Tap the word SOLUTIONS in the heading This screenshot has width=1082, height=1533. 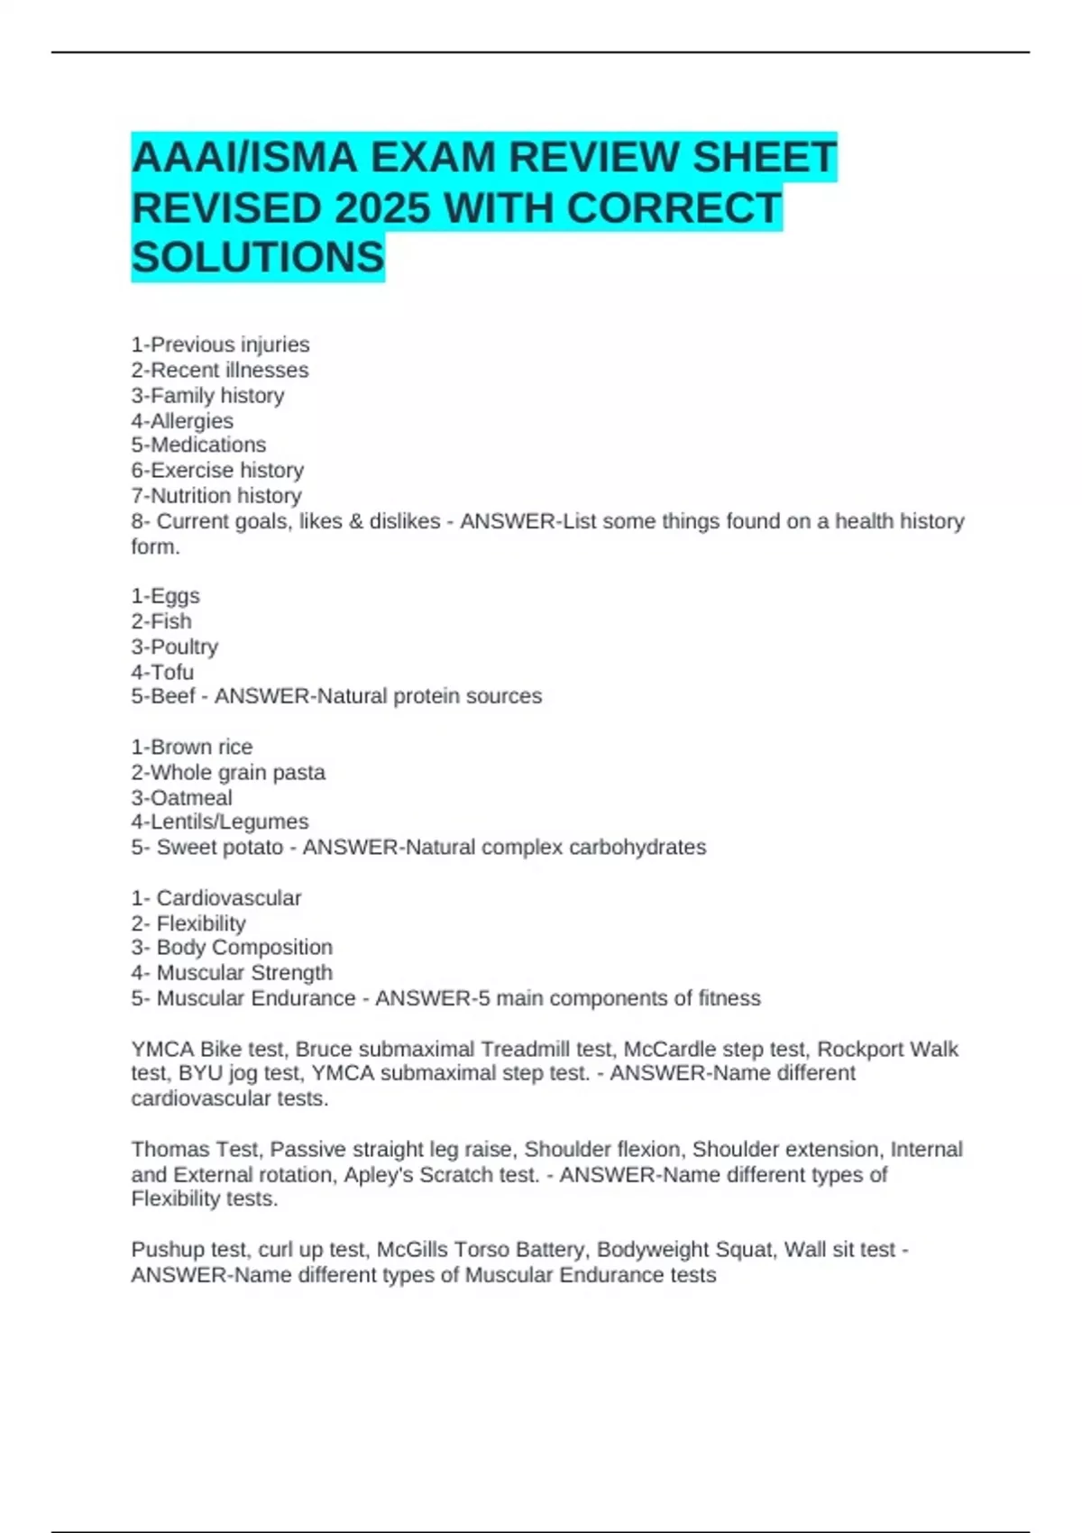coord(258,258)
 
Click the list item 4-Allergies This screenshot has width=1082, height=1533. coord(182,421)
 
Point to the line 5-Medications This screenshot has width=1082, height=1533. coord(198,445)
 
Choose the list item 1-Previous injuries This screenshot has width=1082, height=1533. coord(220,344)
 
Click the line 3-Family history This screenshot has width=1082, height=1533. coord(207,395)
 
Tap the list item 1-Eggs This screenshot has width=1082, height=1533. coord(165,596)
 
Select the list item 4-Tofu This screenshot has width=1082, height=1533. coord(162,672)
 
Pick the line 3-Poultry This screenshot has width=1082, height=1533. coord(175,647)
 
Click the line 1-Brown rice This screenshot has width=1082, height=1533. coord(192,747)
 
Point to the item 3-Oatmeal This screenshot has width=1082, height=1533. coord(181,797)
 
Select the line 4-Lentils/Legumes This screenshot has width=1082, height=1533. coord(219,822)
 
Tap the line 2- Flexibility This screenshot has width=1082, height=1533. coord(188,923)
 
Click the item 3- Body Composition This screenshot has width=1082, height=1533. coord(232,947)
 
